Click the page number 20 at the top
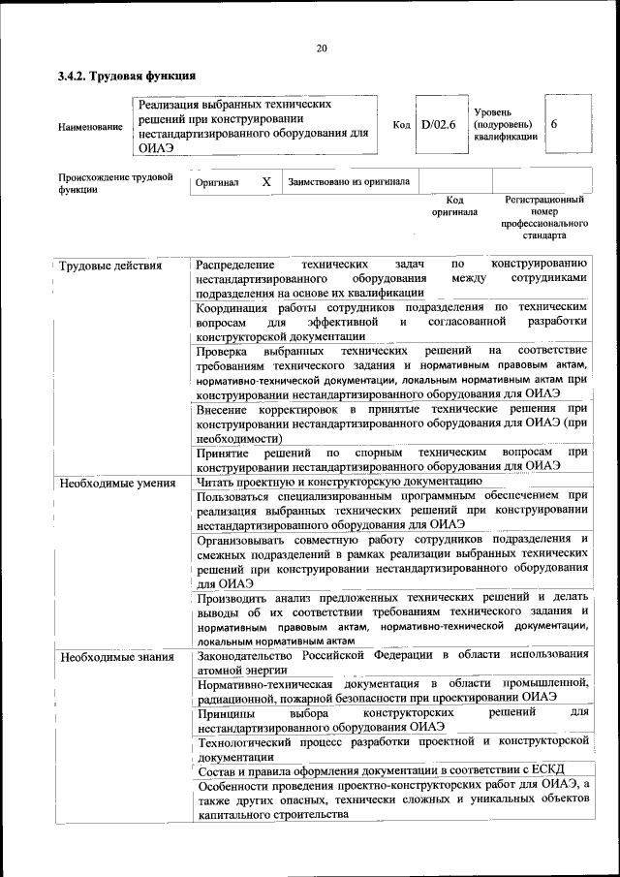(x=322, y=49)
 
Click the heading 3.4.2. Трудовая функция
(x=127, y=76)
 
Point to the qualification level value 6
(x=553, y=125)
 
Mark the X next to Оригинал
(x=266, y=181)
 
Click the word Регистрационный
(x=544, y=200)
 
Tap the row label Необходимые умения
(x=116, y=482)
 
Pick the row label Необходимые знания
(x=115, y=658)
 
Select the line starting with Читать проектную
(x=338, y=481)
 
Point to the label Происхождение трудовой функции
(x=115, y=183)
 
